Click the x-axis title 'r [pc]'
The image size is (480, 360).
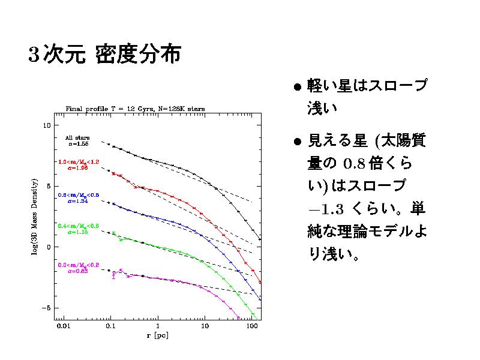click(157, 335)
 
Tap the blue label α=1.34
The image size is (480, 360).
click(78, 202)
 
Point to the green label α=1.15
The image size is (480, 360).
click(78, 232)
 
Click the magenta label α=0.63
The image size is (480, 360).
click(78, 271)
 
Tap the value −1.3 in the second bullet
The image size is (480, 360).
click(325, 209)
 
